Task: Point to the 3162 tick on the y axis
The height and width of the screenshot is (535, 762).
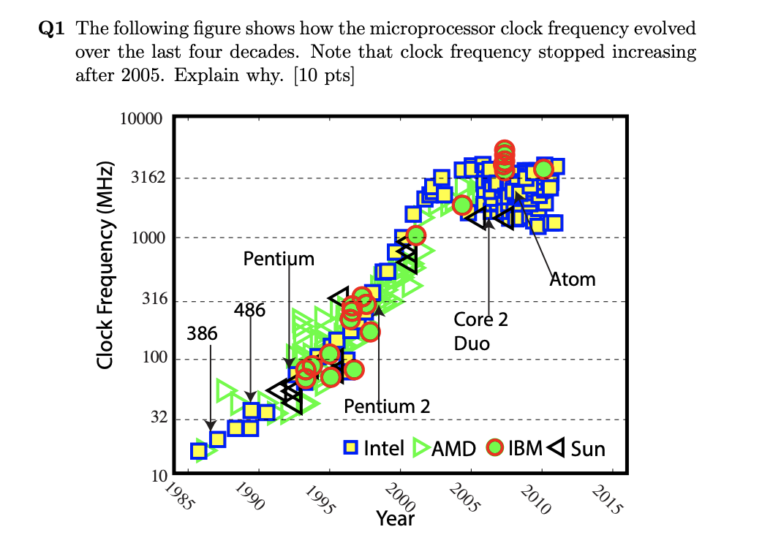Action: pyautogui.click(x=148, y=178)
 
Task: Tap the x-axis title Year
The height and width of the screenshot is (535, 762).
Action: pyautogui.click(x=395, y=519)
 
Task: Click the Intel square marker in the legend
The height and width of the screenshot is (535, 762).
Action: pyautogui.click(x=352, y=447)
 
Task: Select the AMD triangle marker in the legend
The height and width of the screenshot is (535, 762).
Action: pyautogui.click(x=420, y=448)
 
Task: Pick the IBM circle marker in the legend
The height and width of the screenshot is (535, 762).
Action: pyautogui.click(x=496, y=447)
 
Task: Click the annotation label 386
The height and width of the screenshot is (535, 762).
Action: pyautogui.click(x=202, y=334)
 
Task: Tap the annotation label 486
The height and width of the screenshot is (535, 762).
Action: pyautogui.click(x=250, y=310)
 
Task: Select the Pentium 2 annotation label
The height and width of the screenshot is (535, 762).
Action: pyautogui.click(x=387, y=406)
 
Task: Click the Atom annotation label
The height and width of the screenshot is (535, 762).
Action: pyautogui.click(x=573, y=279)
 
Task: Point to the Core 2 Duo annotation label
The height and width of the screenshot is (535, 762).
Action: pyautogui.click(x=480, y=331)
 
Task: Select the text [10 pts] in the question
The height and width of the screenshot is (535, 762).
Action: pyautogui.click(x=322, y=74)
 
